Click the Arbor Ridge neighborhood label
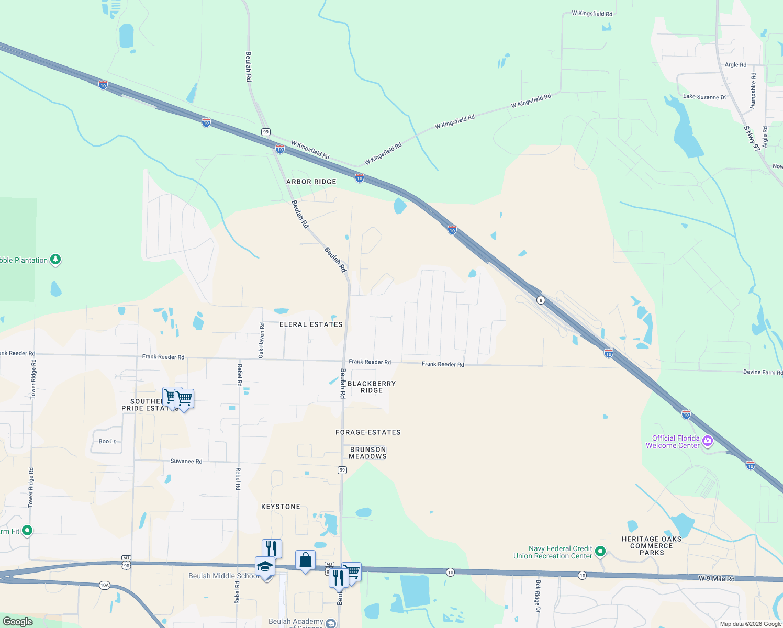pos(311,182)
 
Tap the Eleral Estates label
pos(311,324)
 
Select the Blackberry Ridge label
pos(372,387)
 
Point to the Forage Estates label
pos(368,432)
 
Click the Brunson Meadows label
pos(367,453)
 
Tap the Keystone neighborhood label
pos(281,507)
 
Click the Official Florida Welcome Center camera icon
pos(708,441)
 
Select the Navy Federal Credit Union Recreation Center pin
pos(601,551)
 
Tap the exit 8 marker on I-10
pos(541,300)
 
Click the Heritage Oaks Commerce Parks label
pos(652,546)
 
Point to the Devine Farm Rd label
pos(762,372)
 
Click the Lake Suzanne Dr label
pos(704,97)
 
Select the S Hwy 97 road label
pos(752,138)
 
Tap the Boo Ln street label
pos(108,441)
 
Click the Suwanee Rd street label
pos(186,461)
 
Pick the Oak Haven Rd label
pos(262,340)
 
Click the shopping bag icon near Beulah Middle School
pos(305,560)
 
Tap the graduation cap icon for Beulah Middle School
pos(265,566)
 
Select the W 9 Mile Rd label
pos(717,578)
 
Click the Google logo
pos(17,622)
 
